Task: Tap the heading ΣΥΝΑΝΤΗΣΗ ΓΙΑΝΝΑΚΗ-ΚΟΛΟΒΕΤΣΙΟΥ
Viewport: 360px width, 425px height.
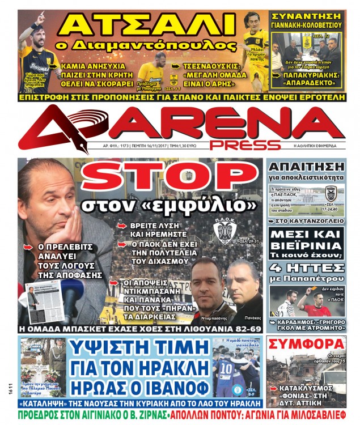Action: coord(307,20)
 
